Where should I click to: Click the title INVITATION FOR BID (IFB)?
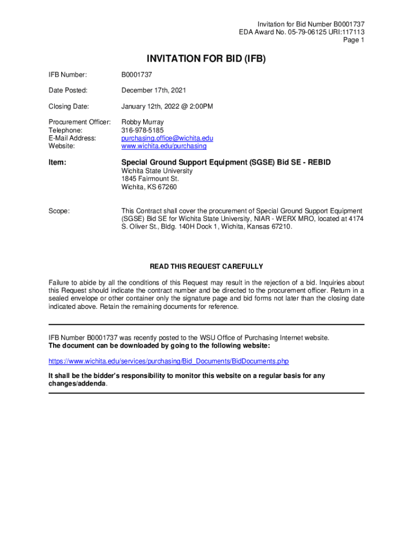[206, 59]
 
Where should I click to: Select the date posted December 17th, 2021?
[154, 91]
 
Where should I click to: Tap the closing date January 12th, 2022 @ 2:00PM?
[167, 107]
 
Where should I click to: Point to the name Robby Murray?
[143, 122]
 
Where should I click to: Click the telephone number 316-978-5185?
[143, 130]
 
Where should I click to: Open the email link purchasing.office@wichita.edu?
[167, 138]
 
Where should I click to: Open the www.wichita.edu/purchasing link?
[164, 146]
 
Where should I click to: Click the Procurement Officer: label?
[80, 122]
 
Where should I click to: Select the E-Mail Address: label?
[72, 138]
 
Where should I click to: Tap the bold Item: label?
[57, 161]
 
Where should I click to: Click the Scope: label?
[59, 211]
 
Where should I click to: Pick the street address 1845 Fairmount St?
[150, 179]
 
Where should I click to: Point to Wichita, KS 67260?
[149, 187]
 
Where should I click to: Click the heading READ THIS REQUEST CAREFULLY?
[206, 266]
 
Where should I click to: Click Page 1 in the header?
[354, 40]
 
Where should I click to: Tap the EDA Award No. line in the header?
[301, 32]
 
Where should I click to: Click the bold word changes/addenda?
[77, 384]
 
